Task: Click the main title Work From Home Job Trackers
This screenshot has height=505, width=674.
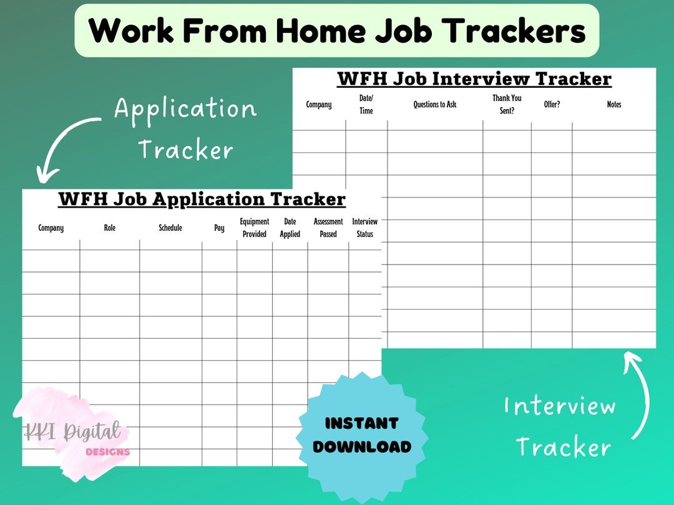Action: click(337, 31)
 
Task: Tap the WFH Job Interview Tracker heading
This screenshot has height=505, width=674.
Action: click(474, 79)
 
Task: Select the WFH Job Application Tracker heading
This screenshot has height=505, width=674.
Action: click(202, 200)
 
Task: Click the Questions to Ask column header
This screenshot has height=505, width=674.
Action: click(435, 105)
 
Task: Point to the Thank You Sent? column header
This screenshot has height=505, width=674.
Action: click(507, 105)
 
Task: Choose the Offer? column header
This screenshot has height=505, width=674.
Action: click(552, 105)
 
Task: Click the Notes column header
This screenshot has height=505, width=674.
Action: click(614, 105)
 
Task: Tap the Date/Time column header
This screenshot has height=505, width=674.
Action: click(366, 104)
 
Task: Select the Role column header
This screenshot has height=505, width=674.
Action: click(110, 228)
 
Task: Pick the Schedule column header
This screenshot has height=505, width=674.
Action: click(170, 228)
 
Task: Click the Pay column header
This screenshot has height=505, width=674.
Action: click(219, 228)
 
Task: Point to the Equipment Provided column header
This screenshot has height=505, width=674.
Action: click(255, 228)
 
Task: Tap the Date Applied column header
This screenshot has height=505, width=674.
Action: click(290, 228)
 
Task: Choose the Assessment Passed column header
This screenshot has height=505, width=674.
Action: click(328, 228)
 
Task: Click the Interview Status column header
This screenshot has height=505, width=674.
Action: click(365, 228)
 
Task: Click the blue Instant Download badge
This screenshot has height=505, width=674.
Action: click(362, 435)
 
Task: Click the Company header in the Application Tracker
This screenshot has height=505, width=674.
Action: click(51, 228)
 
